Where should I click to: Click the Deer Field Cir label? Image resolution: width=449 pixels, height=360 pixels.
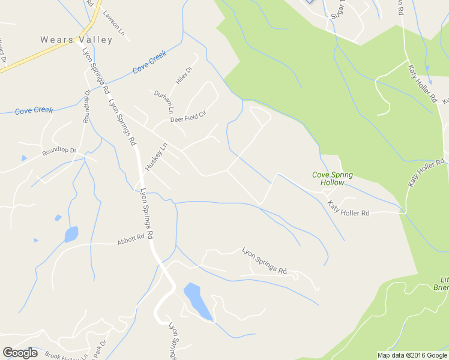(188, 116)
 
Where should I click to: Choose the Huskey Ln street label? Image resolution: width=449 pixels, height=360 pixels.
(155, 155)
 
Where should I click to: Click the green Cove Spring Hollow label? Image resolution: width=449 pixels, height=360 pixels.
(332, 178)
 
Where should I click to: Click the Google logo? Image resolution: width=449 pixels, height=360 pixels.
(20, 352)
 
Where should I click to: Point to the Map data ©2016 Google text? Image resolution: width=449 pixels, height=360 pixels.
(412, 355)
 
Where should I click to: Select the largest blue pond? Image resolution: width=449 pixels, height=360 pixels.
(197, 301)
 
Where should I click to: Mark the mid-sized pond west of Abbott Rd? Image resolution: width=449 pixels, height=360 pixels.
(71, 234)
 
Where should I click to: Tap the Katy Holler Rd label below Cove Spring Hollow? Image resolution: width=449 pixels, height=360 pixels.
(348, 209)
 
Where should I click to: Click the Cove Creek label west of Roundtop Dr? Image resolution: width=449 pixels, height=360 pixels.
(34, 110)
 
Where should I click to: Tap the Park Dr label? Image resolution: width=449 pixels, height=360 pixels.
(99, 349)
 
